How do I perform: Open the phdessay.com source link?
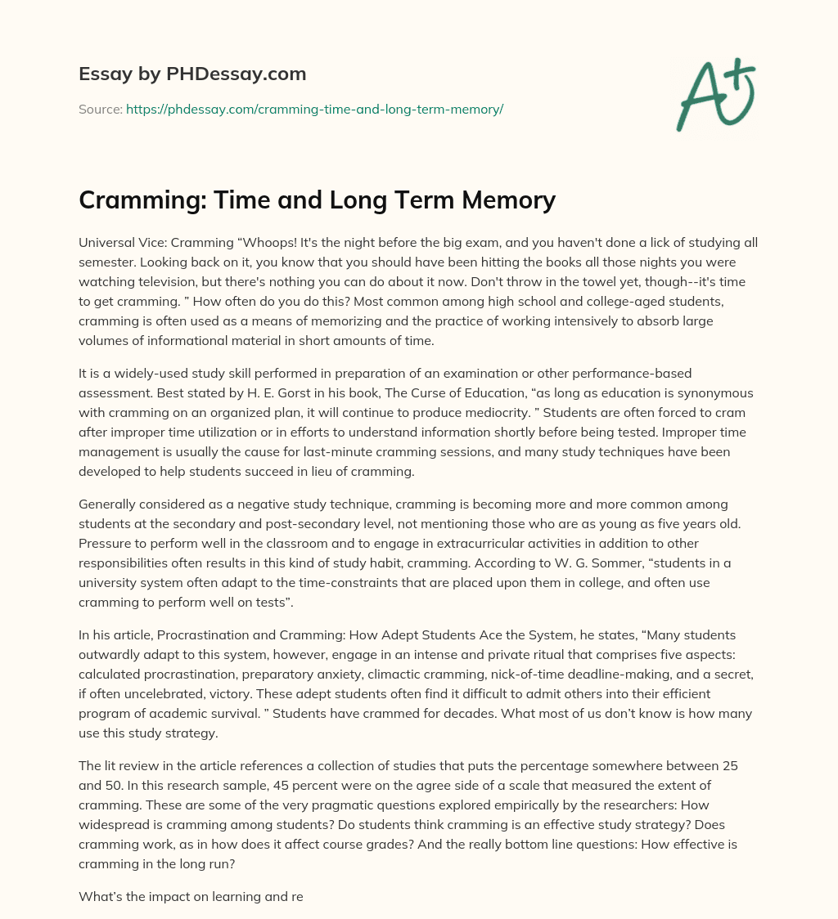click(x=314, y=109)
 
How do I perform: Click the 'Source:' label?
click(x=100, y=109)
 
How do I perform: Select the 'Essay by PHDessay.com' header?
click(x=192, y=74)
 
